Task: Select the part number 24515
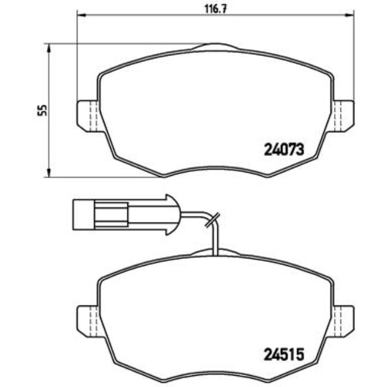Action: pos(284,354)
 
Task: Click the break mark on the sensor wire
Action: pos(211,221)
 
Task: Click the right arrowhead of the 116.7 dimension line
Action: pos(351,16)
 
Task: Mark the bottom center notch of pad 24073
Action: pos(216,169)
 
